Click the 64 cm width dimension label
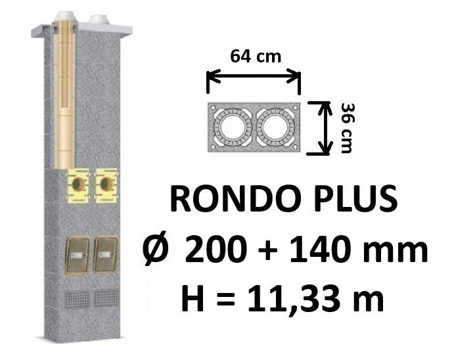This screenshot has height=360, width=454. (x=256, y=56)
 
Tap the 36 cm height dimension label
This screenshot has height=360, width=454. (x=347, y=127)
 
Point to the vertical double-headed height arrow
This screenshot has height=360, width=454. (x=325, y=128)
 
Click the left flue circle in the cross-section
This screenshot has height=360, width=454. (x=232, y=127)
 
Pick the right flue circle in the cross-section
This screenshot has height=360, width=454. (x=275, y=127)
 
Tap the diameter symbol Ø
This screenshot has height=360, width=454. (x=156, y=249)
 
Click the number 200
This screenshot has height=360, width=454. (x=216, y=250)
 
